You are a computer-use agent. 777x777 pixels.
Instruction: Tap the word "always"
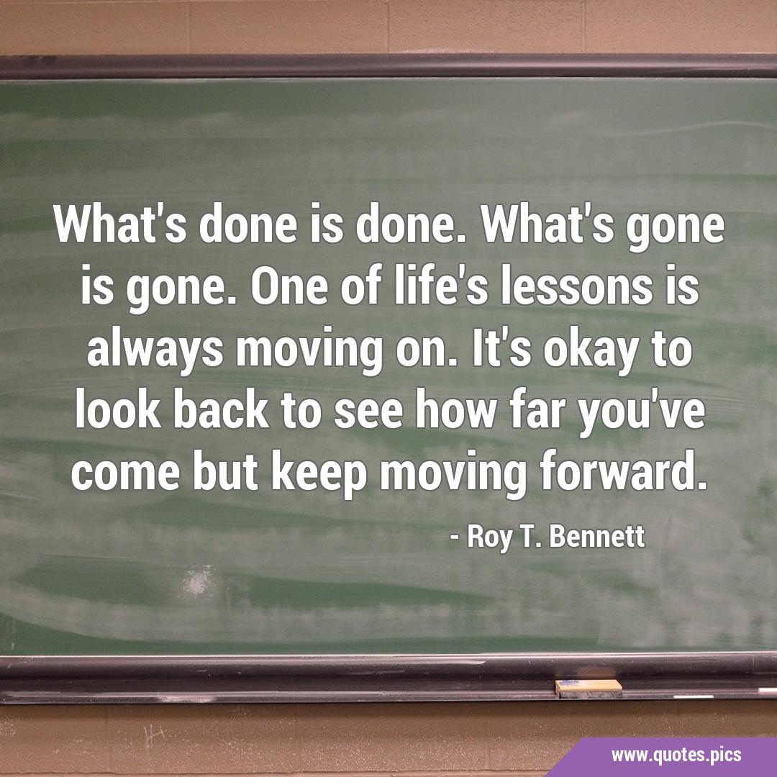tap(155, 351)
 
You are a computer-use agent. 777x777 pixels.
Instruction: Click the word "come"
tap(125, 473)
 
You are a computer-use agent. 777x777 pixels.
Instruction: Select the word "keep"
tap(319, 473)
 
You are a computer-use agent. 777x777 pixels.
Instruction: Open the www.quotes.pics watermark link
tap(676, 755)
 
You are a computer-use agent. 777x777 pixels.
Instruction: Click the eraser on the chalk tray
tap(589, 689)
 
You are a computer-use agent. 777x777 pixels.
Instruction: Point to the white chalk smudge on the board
tap(199, 582)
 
